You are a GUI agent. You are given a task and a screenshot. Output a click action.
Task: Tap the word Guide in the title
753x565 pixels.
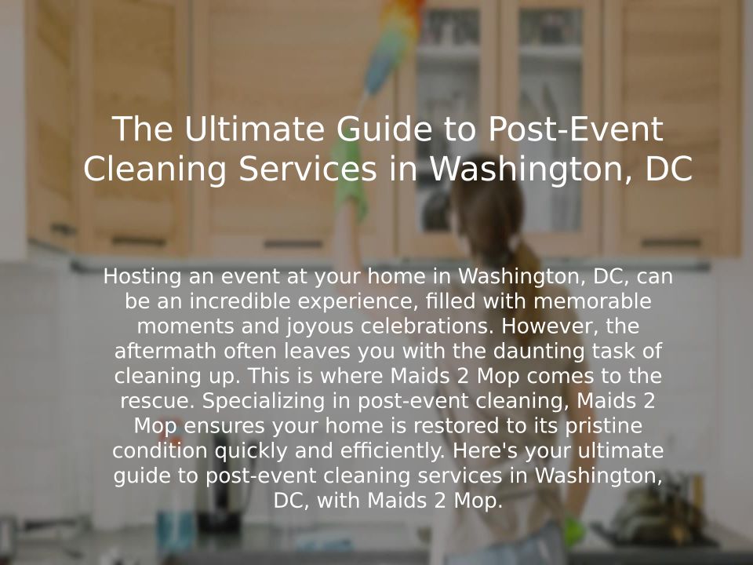tap(384, 129)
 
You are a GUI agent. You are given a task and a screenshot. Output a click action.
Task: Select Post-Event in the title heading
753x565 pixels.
tap(576, 129)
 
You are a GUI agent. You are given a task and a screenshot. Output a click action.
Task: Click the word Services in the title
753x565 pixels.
tap(307, 169)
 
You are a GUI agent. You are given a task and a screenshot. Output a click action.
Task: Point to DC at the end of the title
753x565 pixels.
tap(669, 169)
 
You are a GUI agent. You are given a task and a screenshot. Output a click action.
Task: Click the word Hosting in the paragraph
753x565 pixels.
tap(143, 277)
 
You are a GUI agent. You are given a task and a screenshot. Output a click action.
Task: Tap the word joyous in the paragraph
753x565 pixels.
tap(320, 326)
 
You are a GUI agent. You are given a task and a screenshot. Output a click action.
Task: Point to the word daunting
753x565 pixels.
tap(538, 352)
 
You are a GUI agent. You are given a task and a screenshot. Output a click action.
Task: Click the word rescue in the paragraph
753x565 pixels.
tap(158, 401)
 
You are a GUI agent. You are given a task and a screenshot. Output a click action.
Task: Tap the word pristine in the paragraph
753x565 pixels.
tap(604, 426)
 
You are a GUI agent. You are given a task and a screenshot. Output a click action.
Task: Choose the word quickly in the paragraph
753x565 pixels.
tap(251, 451)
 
